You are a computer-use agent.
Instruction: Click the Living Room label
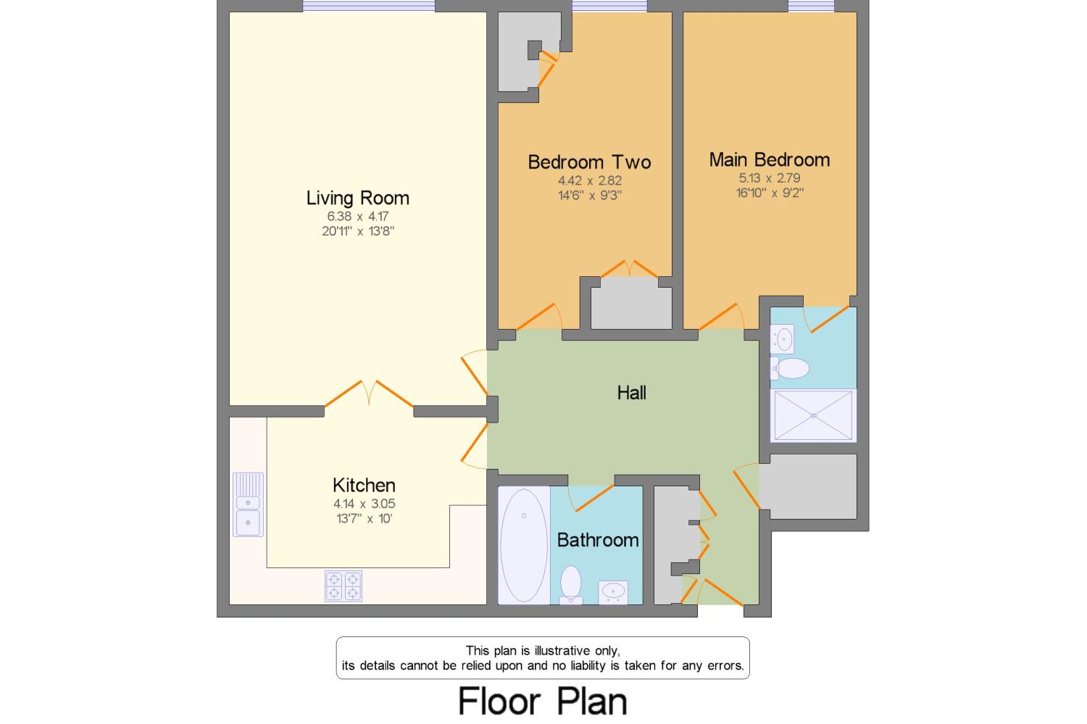pyautogui.click(x=358, y=198)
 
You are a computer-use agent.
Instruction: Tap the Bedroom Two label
pyautogui.click(x=589, y=162)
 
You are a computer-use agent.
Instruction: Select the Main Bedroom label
pyautogui.click(x=769, y=159)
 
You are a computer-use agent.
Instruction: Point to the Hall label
pyautogui.click(x=631, y=393)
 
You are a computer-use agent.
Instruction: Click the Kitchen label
pyautogui.click(x=364, y=486)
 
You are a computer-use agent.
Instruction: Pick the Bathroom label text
pyautogui.click(x=598, y=540)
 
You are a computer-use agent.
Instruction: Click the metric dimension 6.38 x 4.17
pyautogui.click(x=358, y=217)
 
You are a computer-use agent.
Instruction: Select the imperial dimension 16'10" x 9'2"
pyautogui.click(x=769, y=193)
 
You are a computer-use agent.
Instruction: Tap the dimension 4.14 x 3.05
pyautogui.click(x=364, y=504)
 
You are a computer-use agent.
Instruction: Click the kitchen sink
pyautogui.click(x=248, y=504)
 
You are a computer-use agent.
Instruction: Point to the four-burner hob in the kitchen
pyautogui.click(x=343, y=586)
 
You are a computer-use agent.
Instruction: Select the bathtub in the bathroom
pyautogui.click(x=524, y=546)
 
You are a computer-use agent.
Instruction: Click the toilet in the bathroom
pyautogui.click(x=571, y=585)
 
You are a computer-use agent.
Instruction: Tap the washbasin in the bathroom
pyautogui.click(x=613, y=593)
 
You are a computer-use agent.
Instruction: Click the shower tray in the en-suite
pyautogui.click(x=813, y=415)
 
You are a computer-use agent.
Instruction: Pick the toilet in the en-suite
pyautogui.click(x=790, y=368)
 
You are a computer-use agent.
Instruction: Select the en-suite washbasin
pyautogui.click(x=782, y=338)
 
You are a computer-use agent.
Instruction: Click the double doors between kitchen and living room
pyautogui.click(x=369, y=394)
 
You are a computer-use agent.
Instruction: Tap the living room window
pyautogui.click(x=369, y=6)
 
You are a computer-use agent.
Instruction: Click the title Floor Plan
pyautogui.click(x=543, y=702)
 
